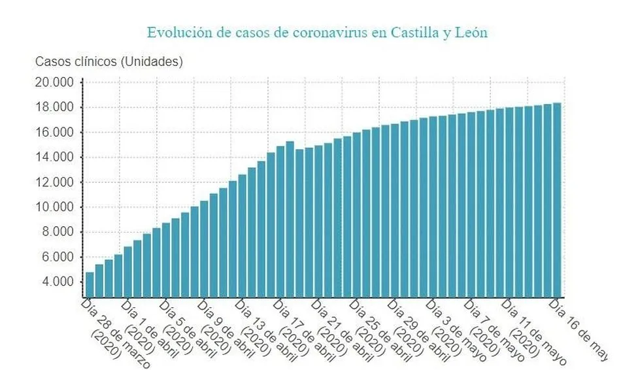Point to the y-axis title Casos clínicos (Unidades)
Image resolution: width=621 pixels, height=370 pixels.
point(109,62)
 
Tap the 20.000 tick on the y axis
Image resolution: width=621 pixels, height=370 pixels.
point(55,82)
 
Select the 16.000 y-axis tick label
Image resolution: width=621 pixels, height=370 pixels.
point(55,133)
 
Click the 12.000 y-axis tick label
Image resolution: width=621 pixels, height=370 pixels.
point(55,182)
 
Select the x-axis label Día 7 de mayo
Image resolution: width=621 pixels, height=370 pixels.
point(494,330)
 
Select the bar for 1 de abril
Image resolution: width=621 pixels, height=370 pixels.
point(128,271)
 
